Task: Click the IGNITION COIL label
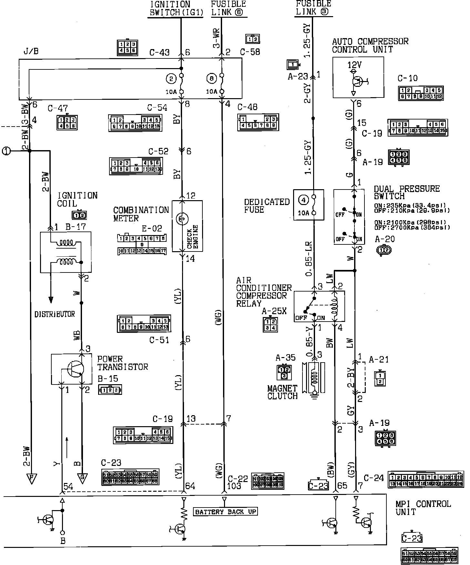click(x=77, y=200)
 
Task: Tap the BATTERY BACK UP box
click(x=225, y=512)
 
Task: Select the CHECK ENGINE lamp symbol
click(x=181, y=220)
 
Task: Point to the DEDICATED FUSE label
click(x=267, y=206)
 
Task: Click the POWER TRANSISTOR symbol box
click(x=71, y=369)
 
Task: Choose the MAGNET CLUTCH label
click(x=282, y=392)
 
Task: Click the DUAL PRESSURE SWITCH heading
click(x=406, y=192)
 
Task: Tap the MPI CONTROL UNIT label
click(x=423, y=508)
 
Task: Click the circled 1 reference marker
click(x=6, y=151)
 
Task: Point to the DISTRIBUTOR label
click(x=55, y=314)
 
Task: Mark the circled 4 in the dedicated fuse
click(x=303, y=200)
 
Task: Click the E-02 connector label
click(x=152, y=229)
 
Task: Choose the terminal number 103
click(x=234, y=486)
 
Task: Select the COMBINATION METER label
click(x=141, y=214)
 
